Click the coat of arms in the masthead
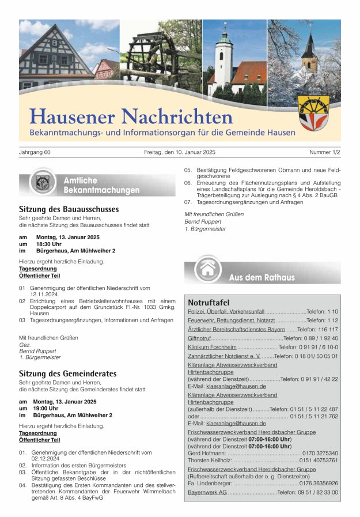313,113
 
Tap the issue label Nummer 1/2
324,152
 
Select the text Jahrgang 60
35,152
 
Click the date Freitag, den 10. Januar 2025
179,152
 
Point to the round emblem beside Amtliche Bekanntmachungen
41,183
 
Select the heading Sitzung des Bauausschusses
69,209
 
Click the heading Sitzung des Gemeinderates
68,373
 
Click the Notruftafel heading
209,303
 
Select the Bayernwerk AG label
207,492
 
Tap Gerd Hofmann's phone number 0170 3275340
320,453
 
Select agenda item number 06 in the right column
188,183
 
